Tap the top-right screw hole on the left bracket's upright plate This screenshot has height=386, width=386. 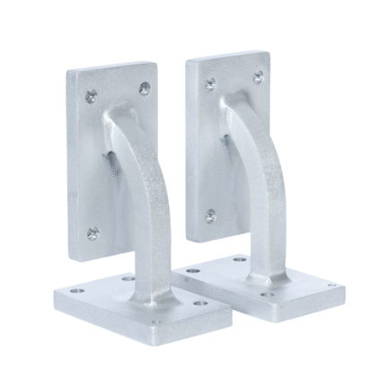click(145, 88)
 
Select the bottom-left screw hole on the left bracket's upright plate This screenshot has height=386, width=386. click(92, 234)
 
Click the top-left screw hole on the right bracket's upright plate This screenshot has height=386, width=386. click(210, 83)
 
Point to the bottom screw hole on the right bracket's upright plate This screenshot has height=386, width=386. click(210, 215)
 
